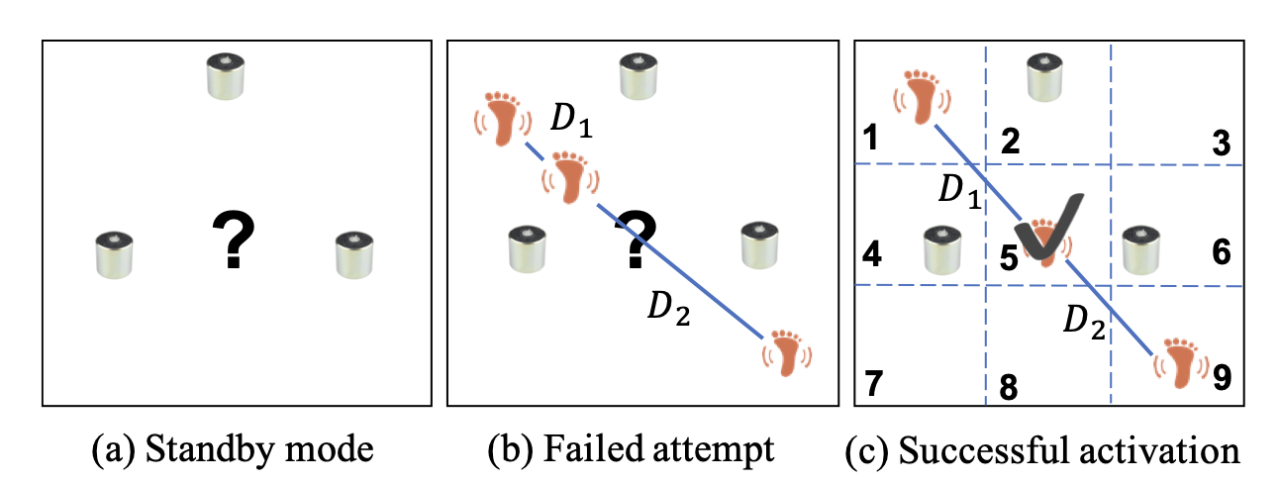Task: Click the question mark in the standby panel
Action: [234, 239]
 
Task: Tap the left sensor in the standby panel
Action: [115, 254]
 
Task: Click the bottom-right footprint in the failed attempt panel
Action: [785, 354]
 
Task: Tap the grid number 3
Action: [1221, 145]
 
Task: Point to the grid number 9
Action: [1222, 376]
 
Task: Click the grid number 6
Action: [1221, 252]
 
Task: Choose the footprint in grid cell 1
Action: [922, 95]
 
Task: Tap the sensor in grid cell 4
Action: [941, 250]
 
